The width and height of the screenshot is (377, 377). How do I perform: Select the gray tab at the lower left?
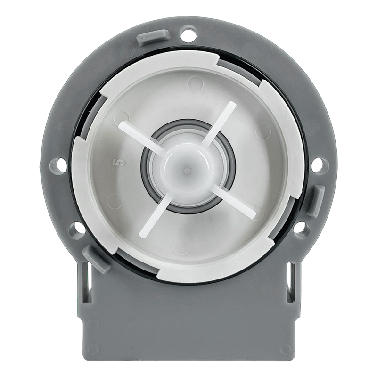pos(95,258)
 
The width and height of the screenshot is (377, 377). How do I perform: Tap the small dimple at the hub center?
pos(187,169)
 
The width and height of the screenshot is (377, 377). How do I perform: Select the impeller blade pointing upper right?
pos(222,121)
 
